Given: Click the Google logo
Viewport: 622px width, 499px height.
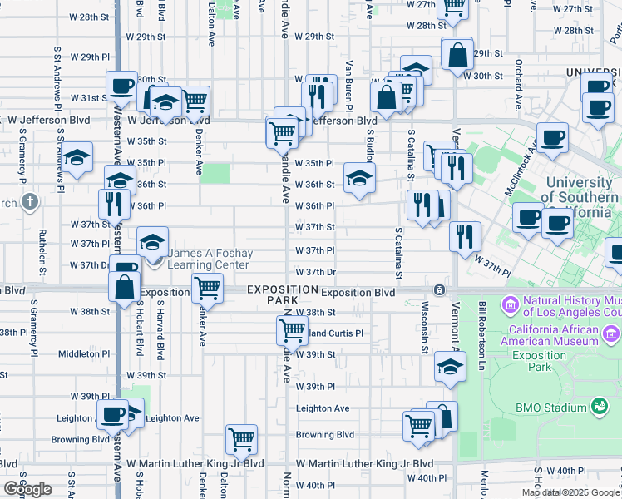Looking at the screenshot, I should [28, 489].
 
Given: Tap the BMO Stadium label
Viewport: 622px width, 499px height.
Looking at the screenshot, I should [551, 408].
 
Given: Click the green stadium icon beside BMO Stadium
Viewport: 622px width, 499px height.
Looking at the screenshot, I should [598, 407].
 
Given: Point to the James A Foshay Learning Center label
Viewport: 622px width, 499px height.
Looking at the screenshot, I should [209, 259].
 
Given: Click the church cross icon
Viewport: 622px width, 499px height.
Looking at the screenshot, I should [30, 202].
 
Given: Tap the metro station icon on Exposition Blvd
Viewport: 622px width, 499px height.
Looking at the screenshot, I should [438, 289].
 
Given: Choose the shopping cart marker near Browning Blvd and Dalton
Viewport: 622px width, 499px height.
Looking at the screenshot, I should [241, 437].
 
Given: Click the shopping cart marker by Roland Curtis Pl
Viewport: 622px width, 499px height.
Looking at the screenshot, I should [292, 329].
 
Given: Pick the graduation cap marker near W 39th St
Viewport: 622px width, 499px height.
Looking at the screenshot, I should [449, 368].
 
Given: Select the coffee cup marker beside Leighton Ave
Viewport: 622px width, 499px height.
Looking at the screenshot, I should [112, 413].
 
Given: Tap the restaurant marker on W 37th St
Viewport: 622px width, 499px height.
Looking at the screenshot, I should [465, 235].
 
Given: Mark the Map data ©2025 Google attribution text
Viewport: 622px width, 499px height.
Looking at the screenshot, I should [570, 492].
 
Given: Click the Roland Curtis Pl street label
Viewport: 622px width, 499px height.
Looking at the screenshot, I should [333, 333].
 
